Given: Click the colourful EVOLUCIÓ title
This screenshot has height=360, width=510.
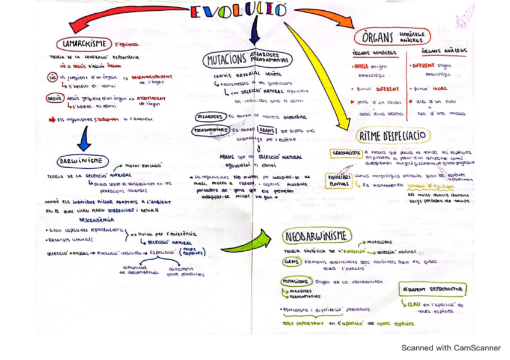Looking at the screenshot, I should [x=238, y=11].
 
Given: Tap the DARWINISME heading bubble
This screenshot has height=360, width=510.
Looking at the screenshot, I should [x=83, y=161].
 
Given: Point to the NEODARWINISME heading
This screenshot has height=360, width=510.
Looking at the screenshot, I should [x=317, y=235].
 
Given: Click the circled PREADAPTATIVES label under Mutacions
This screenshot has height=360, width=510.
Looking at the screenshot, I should [x=207, y=129].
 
